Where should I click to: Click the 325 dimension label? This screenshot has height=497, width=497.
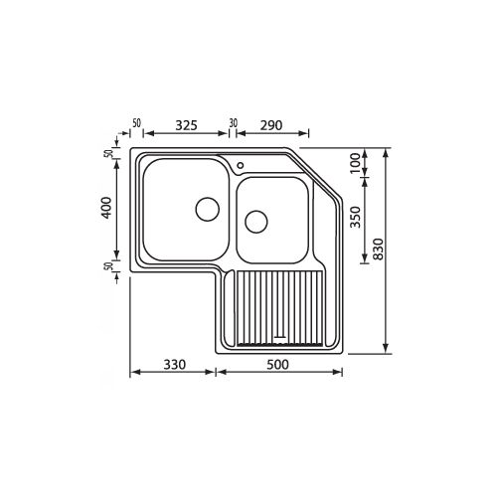pyautogui.click(x=186, y=125)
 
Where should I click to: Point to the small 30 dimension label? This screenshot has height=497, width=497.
pyautogui.click(x=234, y=124)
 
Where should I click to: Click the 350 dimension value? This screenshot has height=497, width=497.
pyautogui.click(x=355, y=219)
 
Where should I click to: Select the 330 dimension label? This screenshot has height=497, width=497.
pyautogui.click(x=175, y=365)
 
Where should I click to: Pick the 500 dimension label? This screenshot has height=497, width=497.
pyautogui.click(x=277, y=365)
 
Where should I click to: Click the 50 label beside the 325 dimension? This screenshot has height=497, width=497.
pyautogui.click(x=136, y=124)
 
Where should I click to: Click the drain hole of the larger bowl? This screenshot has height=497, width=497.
pyautogui.click(x=207, y=209)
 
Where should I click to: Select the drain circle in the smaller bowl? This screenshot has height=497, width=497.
pyautogui.click(x=256, y=221)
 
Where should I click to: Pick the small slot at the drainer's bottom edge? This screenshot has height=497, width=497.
pyautogui.click(x=281, y=337)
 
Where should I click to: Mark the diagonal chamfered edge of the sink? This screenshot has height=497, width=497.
pyautogui.click(x=318, y=173)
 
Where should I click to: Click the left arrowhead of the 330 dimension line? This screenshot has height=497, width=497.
pyautogui.click(x=133, y=375)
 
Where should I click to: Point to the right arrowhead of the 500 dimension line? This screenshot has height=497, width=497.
pyautogui.click(x=340, y=375)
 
